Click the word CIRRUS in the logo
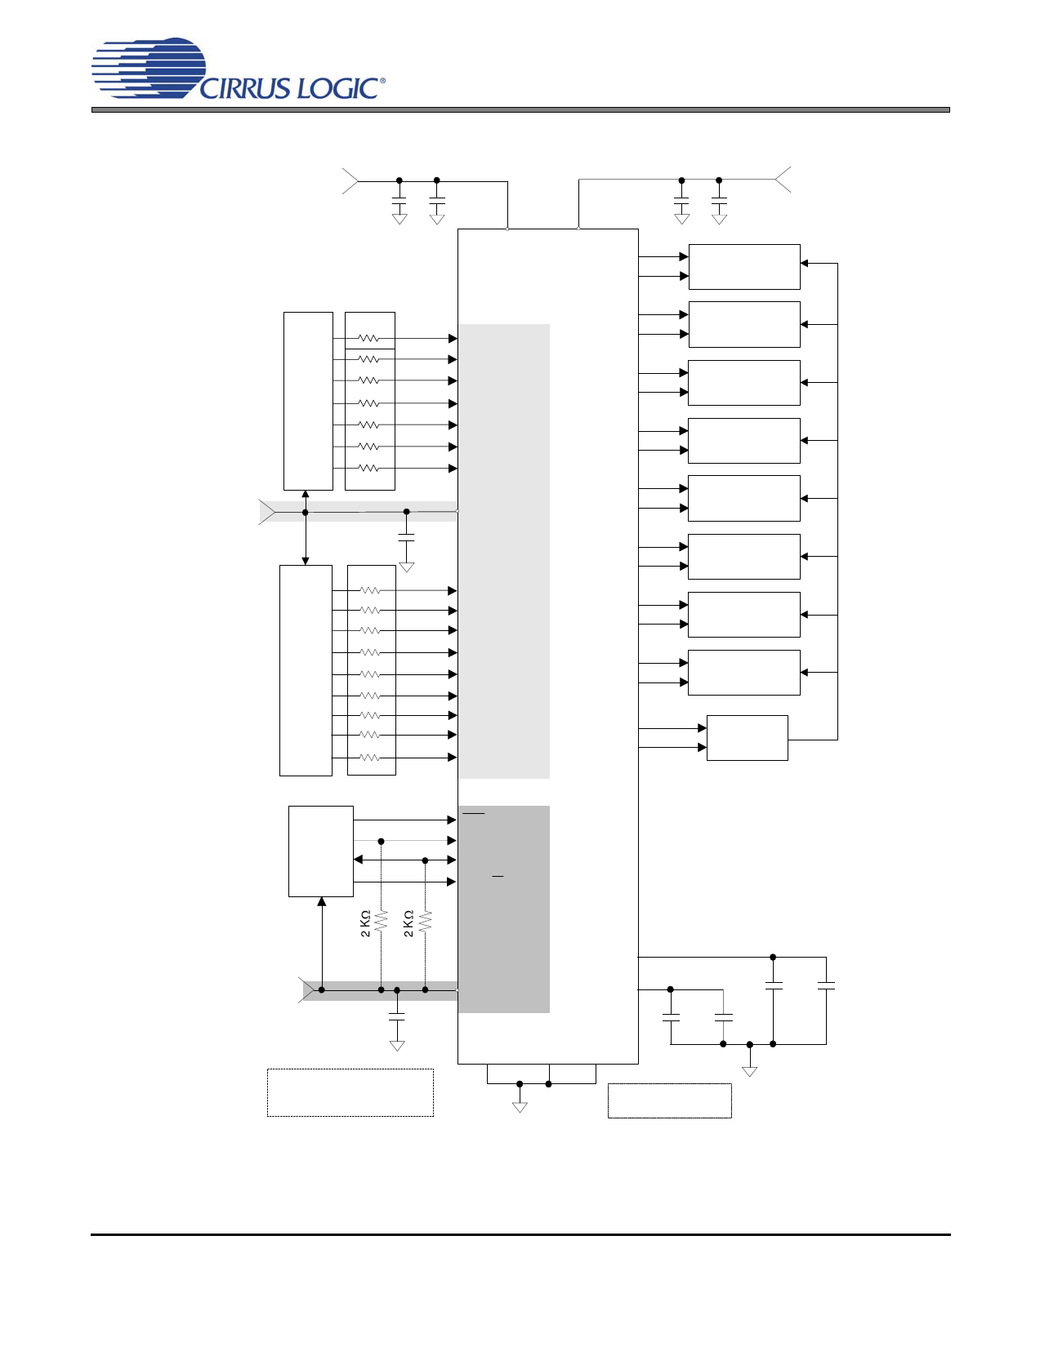click(245, 88)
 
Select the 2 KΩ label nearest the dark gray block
click(408, 923)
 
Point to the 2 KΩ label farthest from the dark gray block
click(365, 923)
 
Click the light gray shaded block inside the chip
click(504, 551)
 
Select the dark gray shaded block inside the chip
click(504, 909)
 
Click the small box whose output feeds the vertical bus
click(748, 738)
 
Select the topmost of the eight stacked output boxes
click(744, 267)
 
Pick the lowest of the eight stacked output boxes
click(744, 673)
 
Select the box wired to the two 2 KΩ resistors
click(321, 851)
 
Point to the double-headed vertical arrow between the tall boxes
click(305, 527)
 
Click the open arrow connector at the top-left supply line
click(350, 181)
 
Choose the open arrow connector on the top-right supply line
click(783, 179)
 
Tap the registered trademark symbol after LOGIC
click(382, 81)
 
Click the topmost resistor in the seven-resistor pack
click(368, 339)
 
